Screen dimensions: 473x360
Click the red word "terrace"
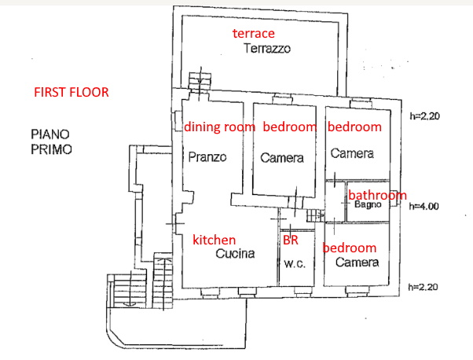coord(253,33)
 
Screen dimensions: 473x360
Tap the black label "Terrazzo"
coord(267,48)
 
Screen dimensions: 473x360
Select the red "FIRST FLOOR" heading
coord(71,92)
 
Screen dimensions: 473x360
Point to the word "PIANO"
coord(50,134)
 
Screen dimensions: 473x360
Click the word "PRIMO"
coord(51,149)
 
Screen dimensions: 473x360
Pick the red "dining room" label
coord(220,127)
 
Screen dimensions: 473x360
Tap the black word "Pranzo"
coord(207,157)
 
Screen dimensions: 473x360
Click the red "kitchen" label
coord(214,240)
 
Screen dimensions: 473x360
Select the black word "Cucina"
coord(235,253)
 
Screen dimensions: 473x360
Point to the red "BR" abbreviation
coord(291,240)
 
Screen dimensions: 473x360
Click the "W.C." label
coord(295,264)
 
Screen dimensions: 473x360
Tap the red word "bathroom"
coord(377,195)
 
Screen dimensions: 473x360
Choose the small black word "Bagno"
coord(368,204)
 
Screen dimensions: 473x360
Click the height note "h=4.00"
coord(423,207)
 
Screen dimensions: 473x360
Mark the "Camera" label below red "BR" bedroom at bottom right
coord(357,262)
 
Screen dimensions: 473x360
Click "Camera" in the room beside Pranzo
coord(282,158)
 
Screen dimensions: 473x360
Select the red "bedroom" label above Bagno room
coord(355,127)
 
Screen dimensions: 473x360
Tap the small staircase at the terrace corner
coord(200,81)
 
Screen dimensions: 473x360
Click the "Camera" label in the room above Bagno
coord(352,153)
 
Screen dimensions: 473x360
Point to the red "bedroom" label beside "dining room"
coord(290,127)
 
